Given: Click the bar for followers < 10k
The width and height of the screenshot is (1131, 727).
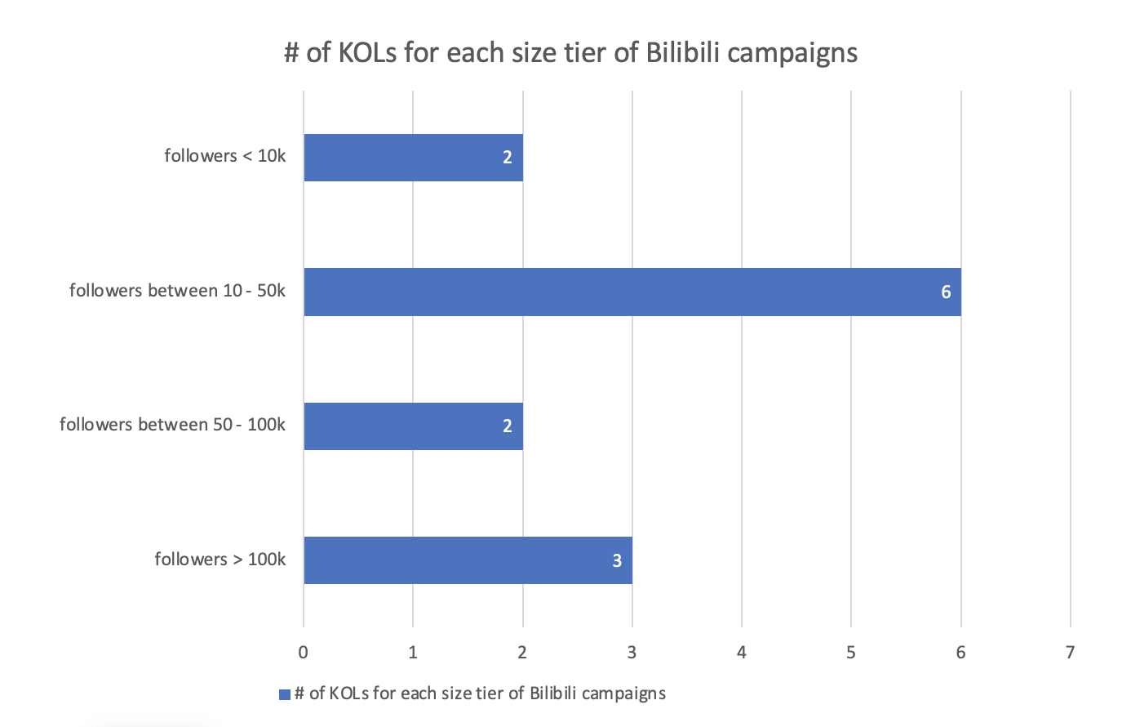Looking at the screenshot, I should [x=413, y=158].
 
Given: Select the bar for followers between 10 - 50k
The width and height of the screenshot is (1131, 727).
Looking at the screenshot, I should [x=632, y=292].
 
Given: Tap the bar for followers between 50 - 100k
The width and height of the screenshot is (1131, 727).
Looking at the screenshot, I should [x=413, y=426].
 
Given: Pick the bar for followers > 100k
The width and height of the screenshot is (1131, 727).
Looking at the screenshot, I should [x=468, y=560].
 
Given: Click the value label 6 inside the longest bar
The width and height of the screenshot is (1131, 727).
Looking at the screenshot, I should [x=946, y=292].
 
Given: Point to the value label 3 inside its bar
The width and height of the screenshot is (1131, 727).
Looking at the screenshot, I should [x=617, y=560].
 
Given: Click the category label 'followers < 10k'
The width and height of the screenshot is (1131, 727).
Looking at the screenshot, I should [x=224, y=156].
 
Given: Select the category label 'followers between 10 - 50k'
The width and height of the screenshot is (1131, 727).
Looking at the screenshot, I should [x=177, y=291].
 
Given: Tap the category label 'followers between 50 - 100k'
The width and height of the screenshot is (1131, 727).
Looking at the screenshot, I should [x=172, y=425].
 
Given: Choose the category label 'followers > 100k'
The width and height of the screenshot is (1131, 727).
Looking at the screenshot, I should [x=220, y=560].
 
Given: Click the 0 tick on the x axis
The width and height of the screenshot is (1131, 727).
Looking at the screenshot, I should [x=304, y=652].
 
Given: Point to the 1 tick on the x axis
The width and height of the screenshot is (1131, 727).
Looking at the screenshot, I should [x=413, y=652].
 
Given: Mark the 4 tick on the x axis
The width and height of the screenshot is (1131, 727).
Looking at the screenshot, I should [x=742, y=652].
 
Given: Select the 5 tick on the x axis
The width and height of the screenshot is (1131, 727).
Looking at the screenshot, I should [x=851, y=652].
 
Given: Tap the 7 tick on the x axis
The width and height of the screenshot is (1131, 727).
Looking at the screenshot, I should [x=1070, y=652].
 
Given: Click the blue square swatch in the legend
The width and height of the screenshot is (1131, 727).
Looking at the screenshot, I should [x=285, y=694].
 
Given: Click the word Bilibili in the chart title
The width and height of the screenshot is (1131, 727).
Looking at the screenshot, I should [x=682, y=53].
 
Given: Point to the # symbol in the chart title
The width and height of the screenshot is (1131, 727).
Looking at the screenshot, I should [x=291, y=53].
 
